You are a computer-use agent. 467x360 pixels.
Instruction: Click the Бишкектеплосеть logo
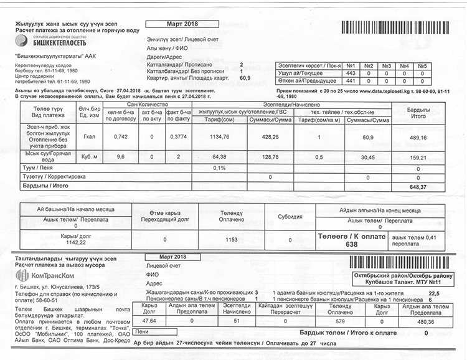click(38, 42)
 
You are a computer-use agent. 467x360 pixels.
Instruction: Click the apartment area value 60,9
click(245, 78)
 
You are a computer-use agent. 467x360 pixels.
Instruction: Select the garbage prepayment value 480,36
click(418, 321)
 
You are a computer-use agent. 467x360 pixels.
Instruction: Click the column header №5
click(422, 65)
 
